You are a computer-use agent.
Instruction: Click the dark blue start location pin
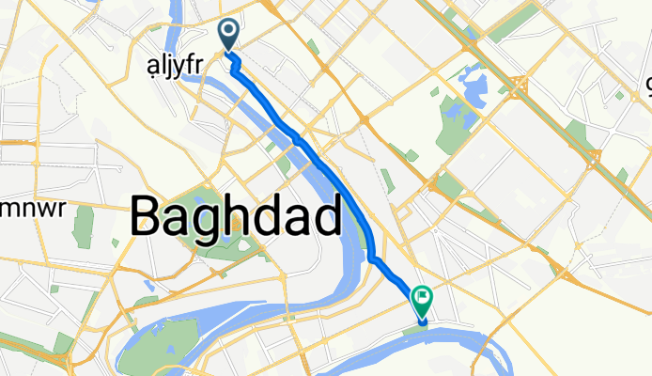229,35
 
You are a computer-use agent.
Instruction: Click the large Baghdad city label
235,216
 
